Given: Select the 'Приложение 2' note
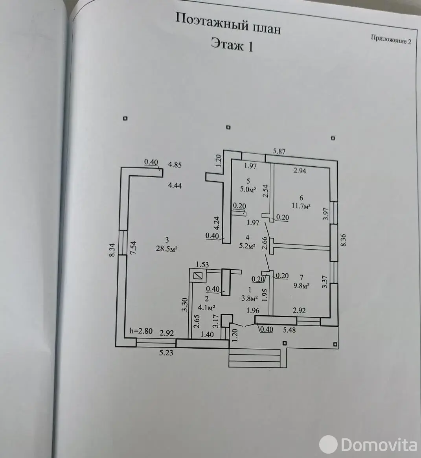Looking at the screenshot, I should (x=391, y=39).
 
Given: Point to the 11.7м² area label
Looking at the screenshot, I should (x=301, y=206).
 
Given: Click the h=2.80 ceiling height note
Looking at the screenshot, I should (x=140, y=331).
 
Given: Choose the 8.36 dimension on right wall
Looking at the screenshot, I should (x=344, y=240).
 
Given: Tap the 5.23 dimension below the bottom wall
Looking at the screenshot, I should (x=166, y=353).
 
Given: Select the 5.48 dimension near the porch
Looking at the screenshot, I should (x=289, y=330).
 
